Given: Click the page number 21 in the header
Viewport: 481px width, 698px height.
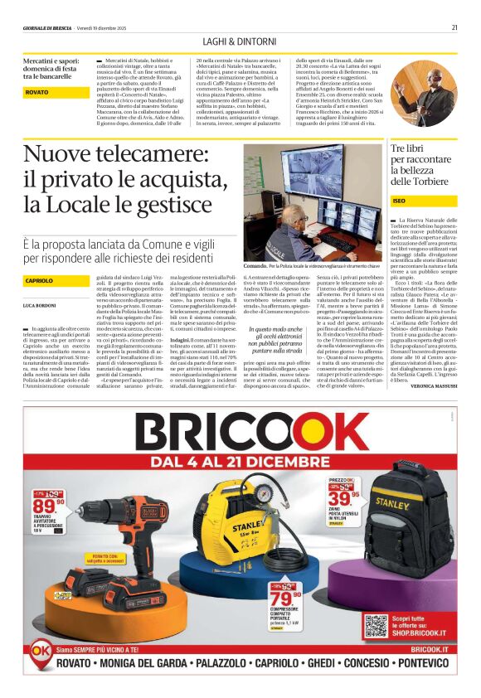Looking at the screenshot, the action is pos(454,27).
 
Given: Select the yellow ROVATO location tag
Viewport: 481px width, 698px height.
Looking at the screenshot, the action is pos(37,92).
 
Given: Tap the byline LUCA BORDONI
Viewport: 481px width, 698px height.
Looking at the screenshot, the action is pos(41,306).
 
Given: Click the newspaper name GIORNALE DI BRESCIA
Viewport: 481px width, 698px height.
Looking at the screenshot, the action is pos(48,27).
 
